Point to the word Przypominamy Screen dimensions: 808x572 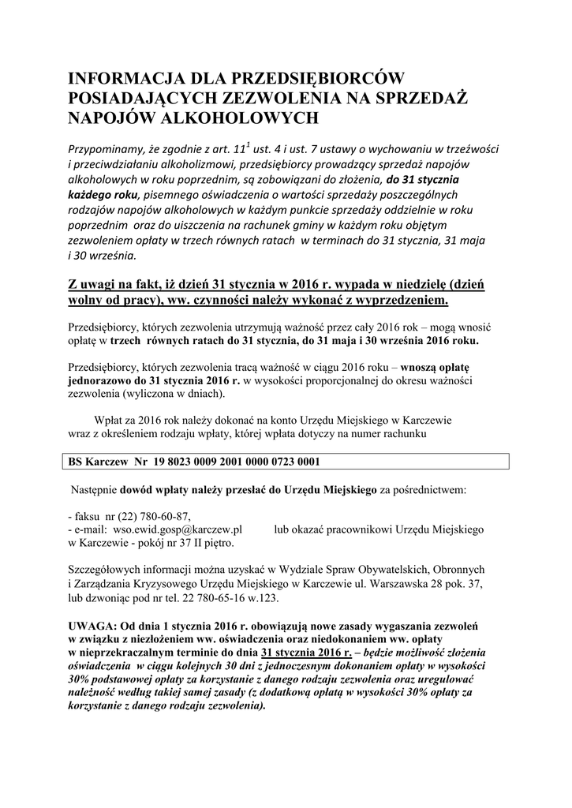[110, 150]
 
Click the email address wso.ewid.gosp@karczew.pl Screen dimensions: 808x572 [178, 529]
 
